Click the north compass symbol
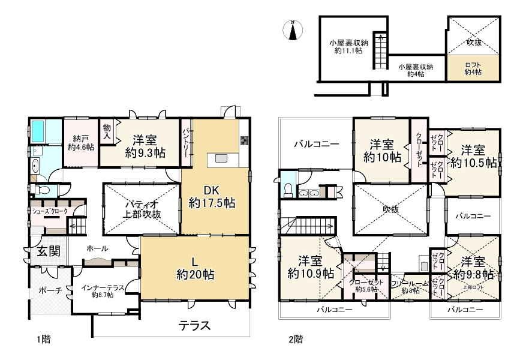tap(293, 30)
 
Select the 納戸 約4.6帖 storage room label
tap(81, 142)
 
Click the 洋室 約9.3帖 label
tap(145, 146)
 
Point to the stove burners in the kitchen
tap(244, 140)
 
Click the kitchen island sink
tap(221, 158)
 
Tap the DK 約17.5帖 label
tap(212, 197)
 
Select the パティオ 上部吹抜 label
tap(142, 209)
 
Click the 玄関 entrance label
tap(49, 251)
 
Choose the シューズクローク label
tap(50, 211)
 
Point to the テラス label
tap(194, 325)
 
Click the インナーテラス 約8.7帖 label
tap(103, 291)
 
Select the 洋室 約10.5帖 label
tap(473, 156)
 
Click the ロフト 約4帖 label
tap(473, 68)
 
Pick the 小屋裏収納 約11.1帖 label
tap(348, 47)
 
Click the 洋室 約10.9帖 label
tap(311, 267)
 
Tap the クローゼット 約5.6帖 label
tap(366, 286)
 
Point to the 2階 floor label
tap(296, 340)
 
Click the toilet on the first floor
tap(41, 190)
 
